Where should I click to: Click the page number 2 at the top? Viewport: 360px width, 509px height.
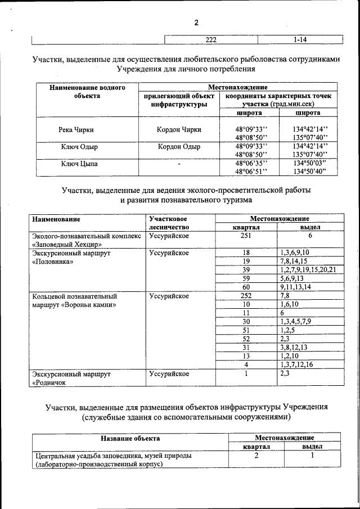(x=196, y=23)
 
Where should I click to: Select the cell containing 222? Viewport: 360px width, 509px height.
(x=211, y=39)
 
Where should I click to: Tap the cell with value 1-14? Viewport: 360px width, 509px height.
(x=299, y=39)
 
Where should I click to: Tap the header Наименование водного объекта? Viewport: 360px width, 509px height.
(x=87, y=92)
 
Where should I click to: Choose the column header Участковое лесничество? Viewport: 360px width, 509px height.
(x=168, y=223)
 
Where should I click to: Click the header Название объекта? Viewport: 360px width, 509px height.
(x=130, y=438)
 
